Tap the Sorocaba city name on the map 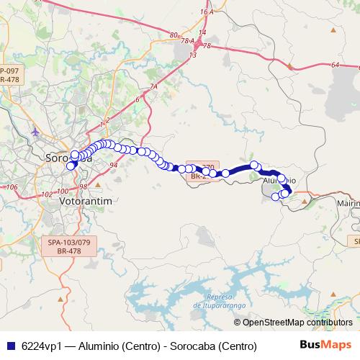66,158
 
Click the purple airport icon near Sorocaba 36,132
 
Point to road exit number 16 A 207,12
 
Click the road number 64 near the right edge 336,65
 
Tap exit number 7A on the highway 153,88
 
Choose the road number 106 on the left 11,187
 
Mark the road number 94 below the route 114,165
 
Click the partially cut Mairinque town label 348,204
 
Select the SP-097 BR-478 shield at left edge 9,75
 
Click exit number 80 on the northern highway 174,35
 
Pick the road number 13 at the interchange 192,55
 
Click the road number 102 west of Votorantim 47,194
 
